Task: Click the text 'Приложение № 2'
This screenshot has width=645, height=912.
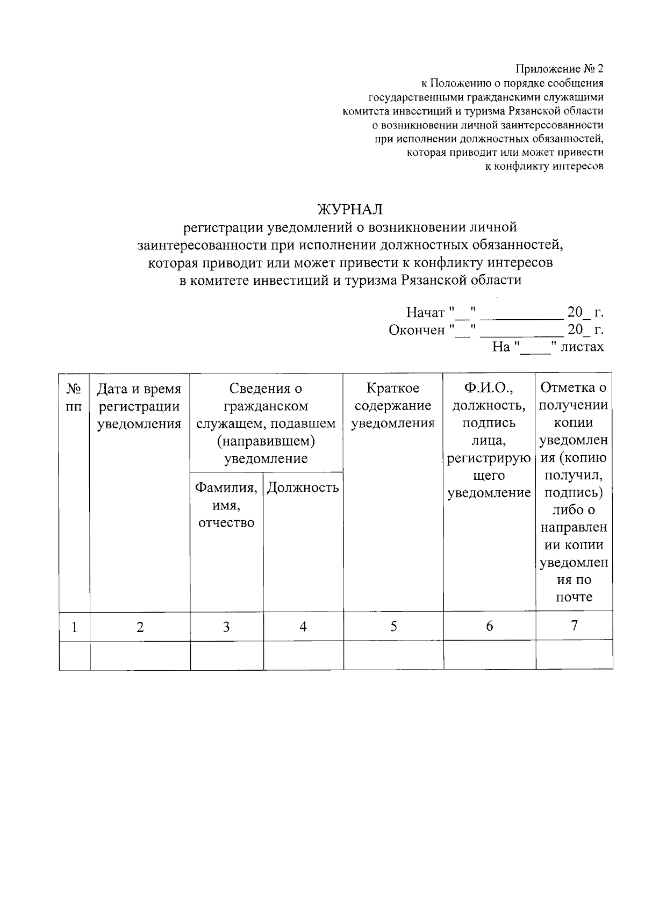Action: (560, 69)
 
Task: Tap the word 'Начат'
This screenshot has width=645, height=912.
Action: (425, 312)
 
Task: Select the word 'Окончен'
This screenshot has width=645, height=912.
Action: (417, 329)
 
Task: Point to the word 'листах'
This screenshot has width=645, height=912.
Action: (582, 347)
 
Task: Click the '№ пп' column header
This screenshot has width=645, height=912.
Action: (74, 397)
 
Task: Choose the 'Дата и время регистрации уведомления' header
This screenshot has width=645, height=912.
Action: (140, 406)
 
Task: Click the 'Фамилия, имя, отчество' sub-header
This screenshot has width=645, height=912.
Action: (226, 505)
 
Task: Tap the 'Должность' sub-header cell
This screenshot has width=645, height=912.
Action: (303, 487)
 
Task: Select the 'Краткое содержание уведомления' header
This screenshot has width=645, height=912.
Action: (393, 406)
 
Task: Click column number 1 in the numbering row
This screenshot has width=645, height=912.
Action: (74, 627)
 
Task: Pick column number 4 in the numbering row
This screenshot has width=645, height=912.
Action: (303, 627)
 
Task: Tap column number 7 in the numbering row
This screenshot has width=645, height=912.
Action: (574, 626)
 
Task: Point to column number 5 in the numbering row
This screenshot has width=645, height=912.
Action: (393, 626)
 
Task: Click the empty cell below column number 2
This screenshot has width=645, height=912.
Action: (140, 656)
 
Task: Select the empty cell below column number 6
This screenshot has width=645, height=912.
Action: (489, 656)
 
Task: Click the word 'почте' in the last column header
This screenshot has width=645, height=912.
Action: (574, 597)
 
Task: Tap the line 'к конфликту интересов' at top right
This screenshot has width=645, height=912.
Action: (544, 167)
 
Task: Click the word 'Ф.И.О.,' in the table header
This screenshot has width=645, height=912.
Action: (489, 388)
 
